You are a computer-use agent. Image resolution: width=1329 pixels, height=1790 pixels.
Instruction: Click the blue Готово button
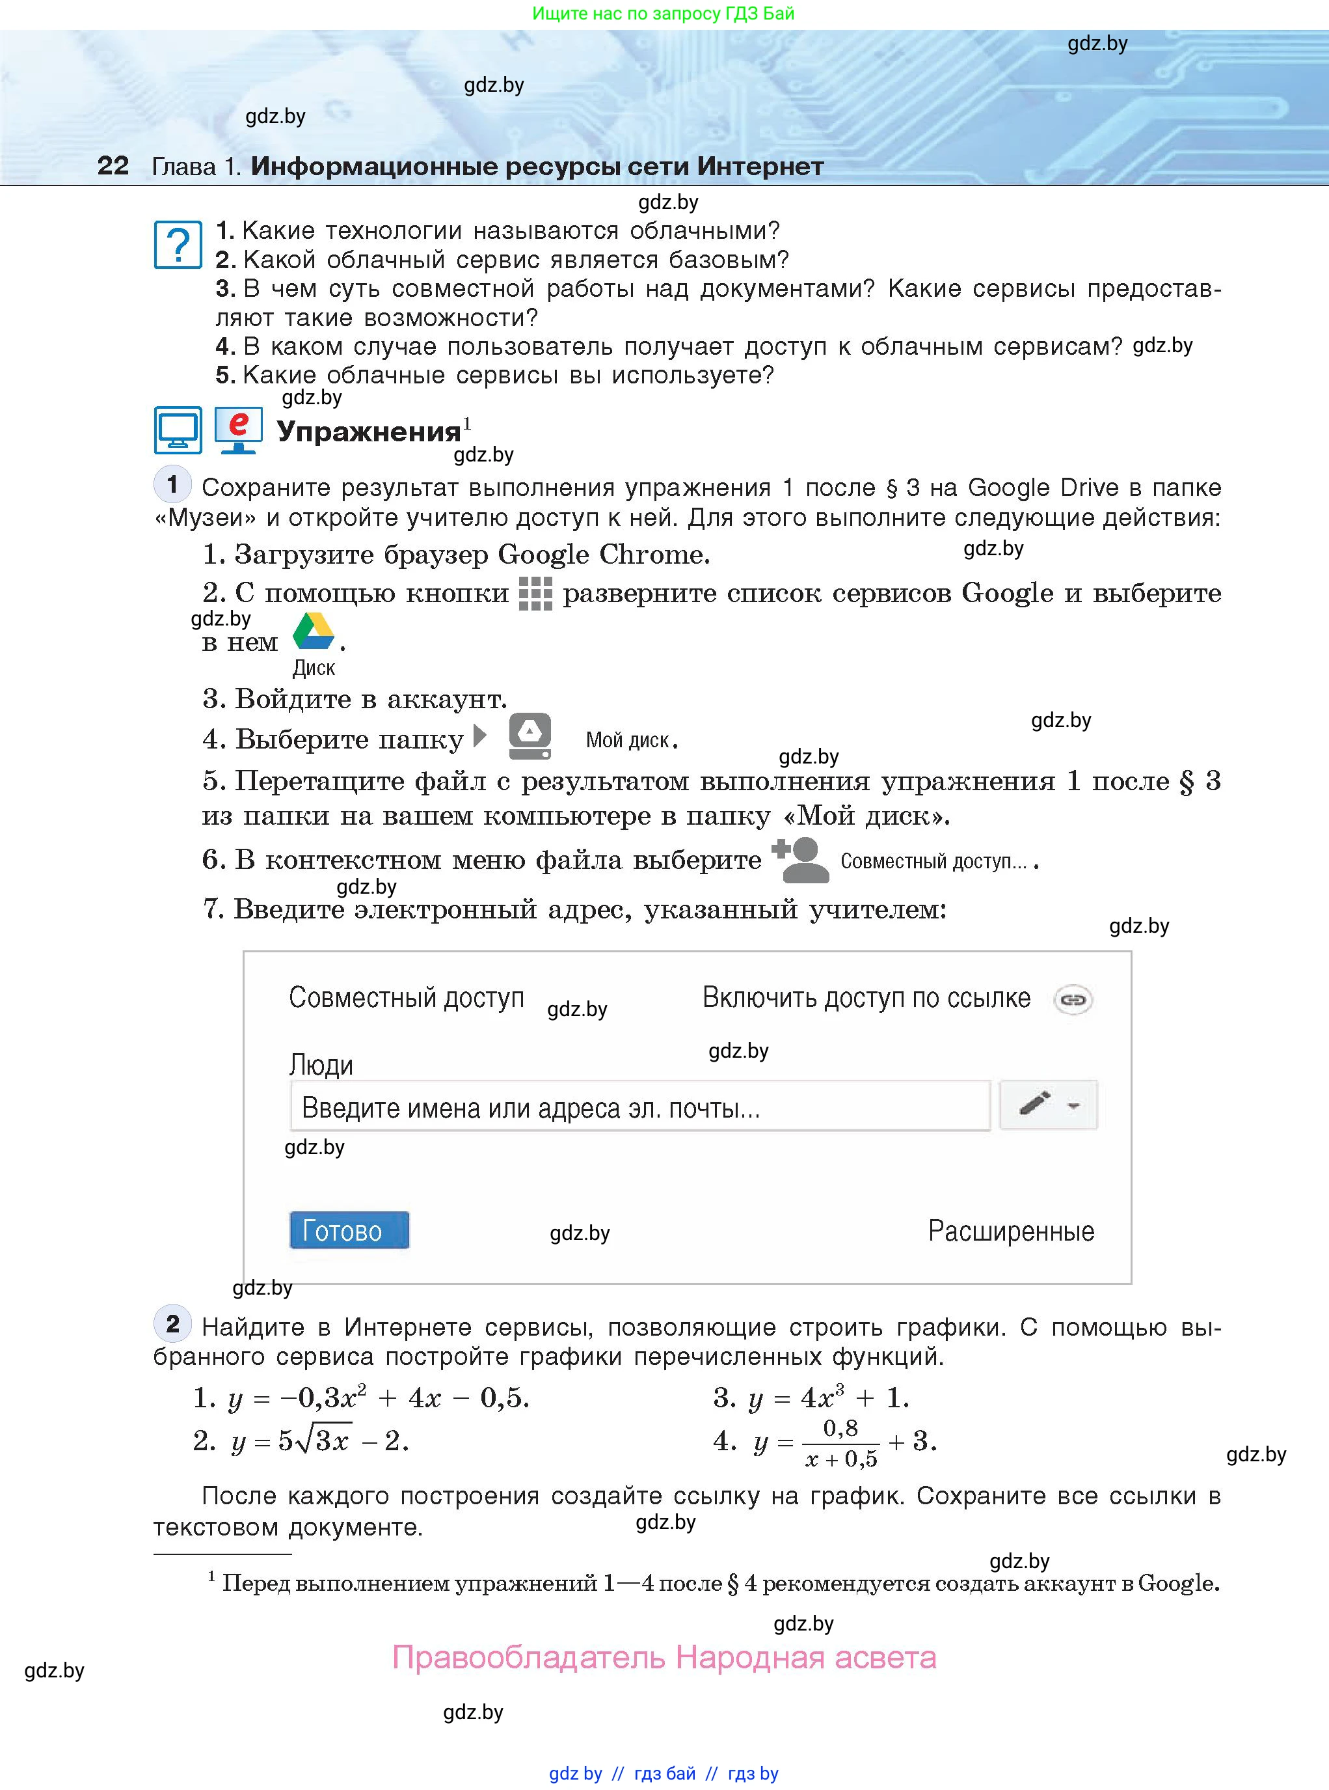click(x=349, y=1230)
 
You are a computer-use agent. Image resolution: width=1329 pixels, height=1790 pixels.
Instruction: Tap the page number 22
click(x=113, y=166)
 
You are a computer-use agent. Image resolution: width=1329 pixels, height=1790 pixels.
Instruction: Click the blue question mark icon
click(x=178, y=244)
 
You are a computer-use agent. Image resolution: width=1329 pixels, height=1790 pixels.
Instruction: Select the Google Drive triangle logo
click(x=313, y=632)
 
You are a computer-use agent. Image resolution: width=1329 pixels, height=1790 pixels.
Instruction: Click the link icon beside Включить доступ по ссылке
click(x=1073, y=1000)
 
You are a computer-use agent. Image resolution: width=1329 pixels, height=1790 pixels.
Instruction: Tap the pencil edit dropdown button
click(x=1047, y=1104)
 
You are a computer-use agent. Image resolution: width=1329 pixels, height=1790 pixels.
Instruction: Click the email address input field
click(x=639, y=1107)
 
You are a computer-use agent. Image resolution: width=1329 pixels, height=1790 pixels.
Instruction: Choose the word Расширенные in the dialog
click(x=1010, y=1231)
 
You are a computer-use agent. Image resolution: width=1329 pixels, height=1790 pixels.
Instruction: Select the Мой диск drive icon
click(x=530, y=736)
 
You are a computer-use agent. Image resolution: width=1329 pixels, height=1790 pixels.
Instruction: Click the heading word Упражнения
click(x=368, y=432)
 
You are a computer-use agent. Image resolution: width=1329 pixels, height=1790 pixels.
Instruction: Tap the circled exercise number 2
click(x=172, y=1323)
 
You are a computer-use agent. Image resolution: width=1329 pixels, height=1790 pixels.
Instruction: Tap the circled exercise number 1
click(x=172, y=484)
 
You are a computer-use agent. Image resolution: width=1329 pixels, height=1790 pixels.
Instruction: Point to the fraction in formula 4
click(x=840, y=1442)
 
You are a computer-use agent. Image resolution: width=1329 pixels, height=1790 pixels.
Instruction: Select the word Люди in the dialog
click(x=321, y=1065)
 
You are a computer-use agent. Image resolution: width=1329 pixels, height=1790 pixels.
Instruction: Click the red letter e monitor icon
click(x=238, y=430)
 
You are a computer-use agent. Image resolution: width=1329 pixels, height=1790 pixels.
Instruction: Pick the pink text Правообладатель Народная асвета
click(x=664, y=1658)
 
